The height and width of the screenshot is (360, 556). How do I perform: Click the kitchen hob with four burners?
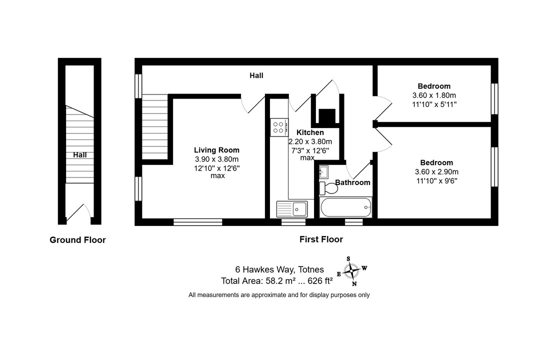pyautogui.click(x=279, y=127)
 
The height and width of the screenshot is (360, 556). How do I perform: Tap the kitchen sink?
pyautogui.click(x=292, y=209)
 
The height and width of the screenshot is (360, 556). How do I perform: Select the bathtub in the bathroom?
pyautogui.click(x=345, y=207)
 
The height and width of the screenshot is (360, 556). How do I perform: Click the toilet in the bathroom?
pyautogui.click(x=328, y=188)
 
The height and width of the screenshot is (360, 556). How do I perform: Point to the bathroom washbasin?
pyautogui.click(x=323, y=172)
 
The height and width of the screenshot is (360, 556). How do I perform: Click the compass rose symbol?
pyautogui.click(x=351, y=271)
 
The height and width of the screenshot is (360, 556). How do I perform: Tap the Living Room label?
pyautogui.click(x=216, y=150)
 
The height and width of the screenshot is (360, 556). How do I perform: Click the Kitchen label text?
pyautogui.click(x=310, y=132)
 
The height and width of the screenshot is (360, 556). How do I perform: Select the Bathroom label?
pyautogui.click(x=352, y=182)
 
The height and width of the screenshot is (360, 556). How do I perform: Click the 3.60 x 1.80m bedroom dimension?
pyautogui.click(x=434, y=95)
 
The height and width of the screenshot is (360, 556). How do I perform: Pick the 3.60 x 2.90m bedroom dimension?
pyautogui.click(x=436, y=172)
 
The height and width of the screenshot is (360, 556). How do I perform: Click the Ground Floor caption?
pyautogui.click(x=77, y=240)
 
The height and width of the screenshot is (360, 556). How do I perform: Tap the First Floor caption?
pyautogui.click(x=321, y=239)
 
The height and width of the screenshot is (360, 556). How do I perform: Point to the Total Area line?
pyautogui.click(x=277, y=281)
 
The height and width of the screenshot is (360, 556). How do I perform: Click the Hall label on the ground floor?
pyautogui.click(x=80, y=155)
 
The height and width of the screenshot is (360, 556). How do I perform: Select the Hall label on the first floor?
pyautogui.click(x=256, y=75)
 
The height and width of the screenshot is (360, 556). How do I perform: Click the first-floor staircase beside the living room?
pyautogui.click(x=155, y=126)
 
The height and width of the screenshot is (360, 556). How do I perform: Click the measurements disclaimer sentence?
pyautogui.click(x=279, y=294)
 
